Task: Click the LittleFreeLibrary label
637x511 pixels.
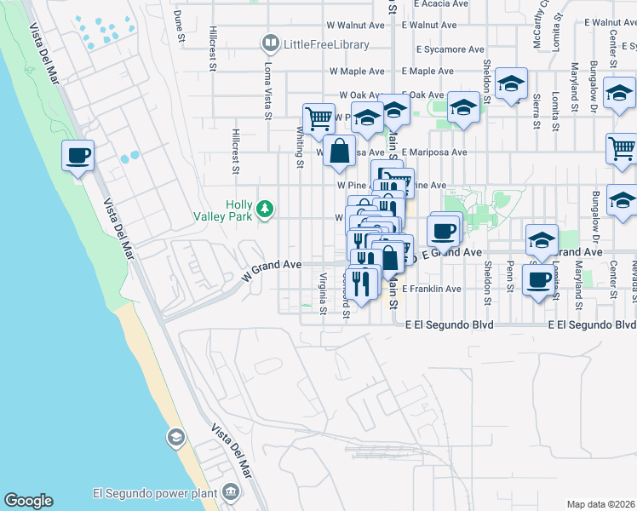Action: click(327, 44)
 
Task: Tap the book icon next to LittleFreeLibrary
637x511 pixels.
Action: click(271, 43)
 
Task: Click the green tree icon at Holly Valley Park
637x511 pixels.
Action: click(266, 207)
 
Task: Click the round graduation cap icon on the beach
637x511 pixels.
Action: click(175, 439)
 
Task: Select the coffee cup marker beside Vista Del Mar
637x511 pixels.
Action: click(77, 155)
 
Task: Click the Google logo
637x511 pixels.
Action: click(28, 501)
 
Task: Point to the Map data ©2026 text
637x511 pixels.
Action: click(600, 504)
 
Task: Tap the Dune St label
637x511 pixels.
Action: click(179, 26)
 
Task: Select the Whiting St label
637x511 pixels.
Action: click(300, 147)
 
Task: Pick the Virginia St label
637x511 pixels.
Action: click(323, 293)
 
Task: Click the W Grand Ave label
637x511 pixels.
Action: click(273, 270)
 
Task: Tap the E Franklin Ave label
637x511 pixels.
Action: click(432, 290)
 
